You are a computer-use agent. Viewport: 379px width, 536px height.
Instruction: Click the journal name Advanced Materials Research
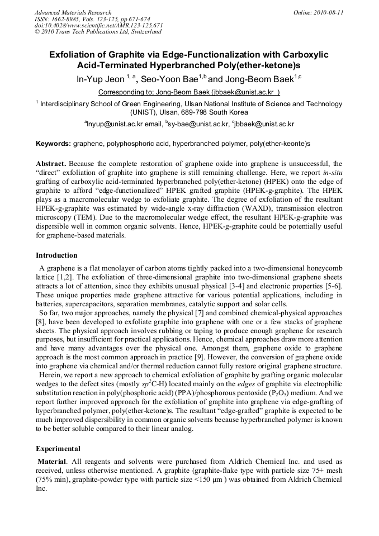point(73,12)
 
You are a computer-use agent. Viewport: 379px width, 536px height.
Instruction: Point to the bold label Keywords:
point(53,144)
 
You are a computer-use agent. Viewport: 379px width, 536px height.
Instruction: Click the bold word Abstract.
point(51,164)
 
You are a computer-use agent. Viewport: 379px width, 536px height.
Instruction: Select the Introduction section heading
point(57,255)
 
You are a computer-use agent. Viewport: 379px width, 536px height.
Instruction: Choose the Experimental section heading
point(58,448)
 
